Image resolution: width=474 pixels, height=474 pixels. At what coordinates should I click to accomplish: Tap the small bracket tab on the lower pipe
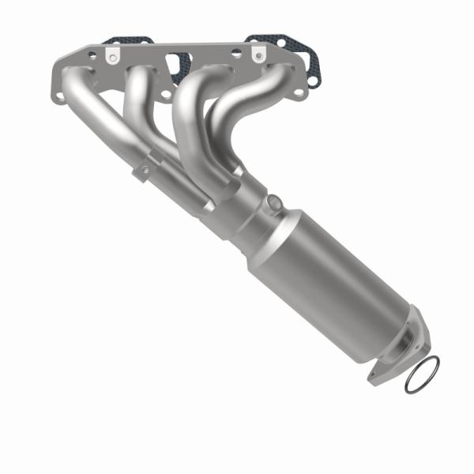coord(143,171)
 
